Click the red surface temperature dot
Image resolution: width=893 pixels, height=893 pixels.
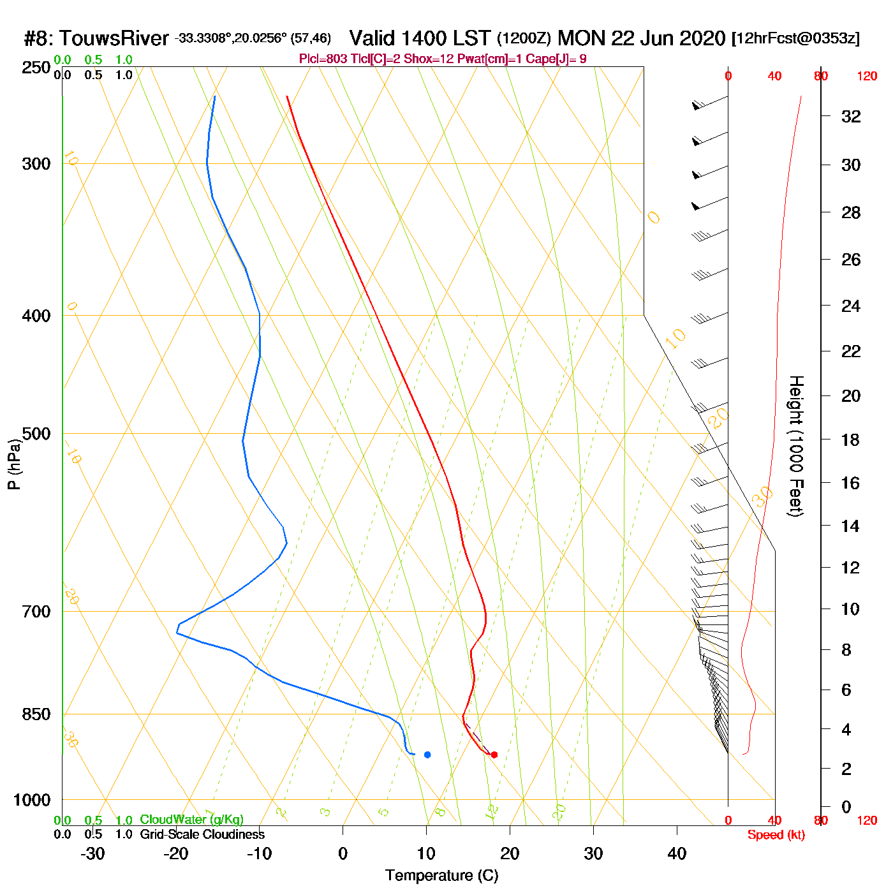494,755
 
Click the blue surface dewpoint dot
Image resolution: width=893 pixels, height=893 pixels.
427,755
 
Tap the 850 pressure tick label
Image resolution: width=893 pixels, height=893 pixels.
36,714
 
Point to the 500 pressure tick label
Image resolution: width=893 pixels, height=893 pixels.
36,434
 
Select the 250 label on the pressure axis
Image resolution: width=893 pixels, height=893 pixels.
36,68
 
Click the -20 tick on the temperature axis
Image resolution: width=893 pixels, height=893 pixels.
175,853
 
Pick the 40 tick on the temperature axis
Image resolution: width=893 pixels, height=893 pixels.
677,853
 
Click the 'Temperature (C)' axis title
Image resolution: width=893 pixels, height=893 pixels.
441,875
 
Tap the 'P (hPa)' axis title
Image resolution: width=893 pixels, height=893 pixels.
14,464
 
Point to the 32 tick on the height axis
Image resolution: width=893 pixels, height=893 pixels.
851,116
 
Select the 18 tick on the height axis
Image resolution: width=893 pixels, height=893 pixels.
851,439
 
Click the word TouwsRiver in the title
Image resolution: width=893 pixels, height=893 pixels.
114,38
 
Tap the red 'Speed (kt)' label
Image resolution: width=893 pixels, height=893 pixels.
776,835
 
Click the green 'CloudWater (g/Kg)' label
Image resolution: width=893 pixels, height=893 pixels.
191,820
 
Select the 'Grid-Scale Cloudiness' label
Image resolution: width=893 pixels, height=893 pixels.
202,834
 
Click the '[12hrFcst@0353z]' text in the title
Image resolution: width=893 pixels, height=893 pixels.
795,38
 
